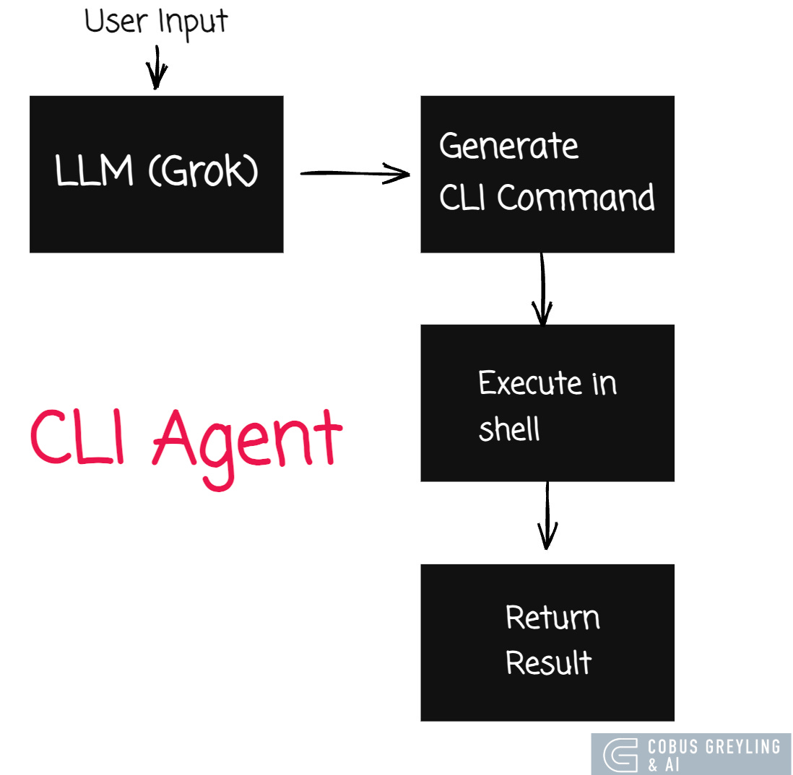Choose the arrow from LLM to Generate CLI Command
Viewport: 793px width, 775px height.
[x=354, y=173]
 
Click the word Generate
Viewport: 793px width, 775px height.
[x=508, y=146]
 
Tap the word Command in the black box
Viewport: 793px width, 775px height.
[x=576, y=197]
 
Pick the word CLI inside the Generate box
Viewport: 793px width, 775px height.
[x=464, y=197]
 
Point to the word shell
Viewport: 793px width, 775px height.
[x=509, y=429]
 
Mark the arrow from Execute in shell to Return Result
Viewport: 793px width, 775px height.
[x=547, y=515]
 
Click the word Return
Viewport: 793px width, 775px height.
[x=552, y=618]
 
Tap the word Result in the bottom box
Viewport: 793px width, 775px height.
[x=549, y=662]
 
